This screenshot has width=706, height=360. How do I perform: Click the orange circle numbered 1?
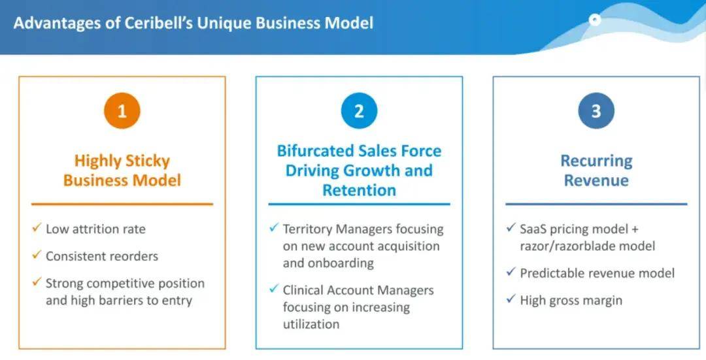click(x=122, y=110)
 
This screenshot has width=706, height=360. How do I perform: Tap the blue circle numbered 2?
click(x=359, y=110)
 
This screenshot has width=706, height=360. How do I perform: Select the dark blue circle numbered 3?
click(x=596, y=110)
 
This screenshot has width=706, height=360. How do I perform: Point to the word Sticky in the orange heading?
click(x=147, y=161)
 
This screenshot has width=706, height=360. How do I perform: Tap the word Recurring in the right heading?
click(x=597, y=161)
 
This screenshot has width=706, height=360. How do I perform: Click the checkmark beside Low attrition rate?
click(x=37, y=228)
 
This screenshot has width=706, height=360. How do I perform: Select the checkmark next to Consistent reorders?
click(x=37, y=255)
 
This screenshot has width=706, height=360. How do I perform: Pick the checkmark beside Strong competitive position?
click(x=37, y=282)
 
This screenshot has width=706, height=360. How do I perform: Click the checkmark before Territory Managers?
click(x=274, y=228)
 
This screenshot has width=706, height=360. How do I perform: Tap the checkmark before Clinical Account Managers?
click(x=274, y=289)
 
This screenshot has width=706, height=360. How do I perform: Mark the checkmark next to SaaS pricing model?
click(x=511, y=228)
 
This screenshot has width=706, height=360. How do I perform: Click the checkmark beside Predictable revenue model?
click(x=511, y=272)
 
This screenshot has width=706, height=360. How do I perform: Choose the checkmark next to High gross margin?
click(x=511, y=299)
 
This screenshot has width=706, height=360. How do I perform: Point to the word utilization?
click(x=311, y=324)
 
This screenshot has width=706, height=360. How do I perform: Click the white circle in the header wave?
click(x=595, y=20)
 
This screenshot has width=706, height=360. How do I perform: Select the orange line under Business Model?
click(x=122, y=205)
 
